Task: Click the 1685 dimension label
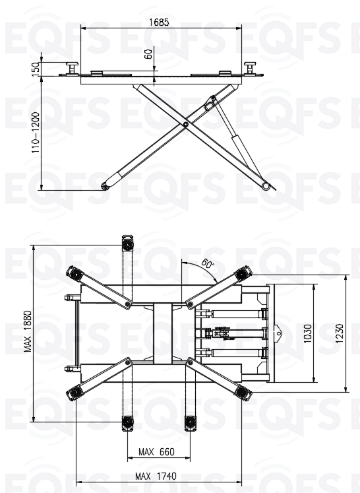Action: pos(159,22)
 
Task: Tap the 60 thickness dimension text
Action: pos(148,53)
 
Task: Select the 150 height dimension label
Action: pos(36,68)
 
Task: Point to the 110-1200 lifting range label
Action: pos(36,133)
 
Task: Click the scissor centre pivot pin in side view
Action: pos(186,125)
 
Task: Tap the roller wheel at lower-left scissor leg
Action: pos(105,187)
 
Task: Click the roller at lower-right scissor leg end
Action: pos(266,186)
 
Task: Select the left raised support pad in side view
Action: pos(72,68)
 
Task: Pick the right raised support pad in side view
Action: pos(250,68)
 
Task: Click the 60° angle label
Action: pos(207,263)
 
